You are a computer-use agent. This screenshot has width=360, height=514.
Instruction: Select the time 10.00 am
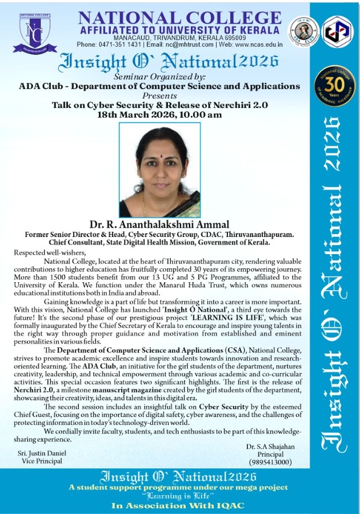202,115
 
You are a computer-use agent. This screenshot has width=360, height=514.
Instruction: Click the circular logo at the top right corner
337,31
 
